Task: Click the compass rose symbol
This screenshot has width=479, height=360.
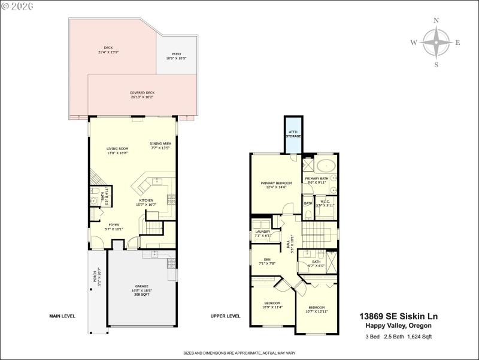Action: (x=436, y=43)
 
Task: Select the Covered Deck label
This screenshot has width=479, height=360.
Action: (x=142, y=95)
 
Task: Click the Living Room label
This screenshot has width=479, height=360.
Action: (x=117, y=151)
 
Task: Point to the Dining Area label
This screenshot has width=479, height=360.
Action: (x=160, y=146)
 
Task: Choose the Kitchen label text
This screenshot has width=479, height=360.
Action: (x=147, y=202)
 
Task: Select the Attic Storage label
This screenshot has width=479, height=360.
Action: (x=293, y=134)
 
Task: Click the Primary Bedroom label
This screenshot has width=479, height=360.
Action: (x=276, y=185)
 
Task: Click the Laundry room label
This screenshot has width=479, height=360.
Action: (x=263, y=233)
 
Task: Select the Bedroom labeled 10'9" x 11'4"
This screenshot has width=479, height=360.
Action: (x=272, y=305)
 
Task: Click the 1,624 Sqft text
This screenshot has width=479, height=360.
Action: (x=419, y=337)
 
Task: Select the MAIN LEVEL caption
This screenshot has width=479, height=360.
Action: (x=62, y=316)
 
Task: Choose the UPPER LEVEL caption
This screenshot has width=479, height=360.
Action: (x=226, y=316)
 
